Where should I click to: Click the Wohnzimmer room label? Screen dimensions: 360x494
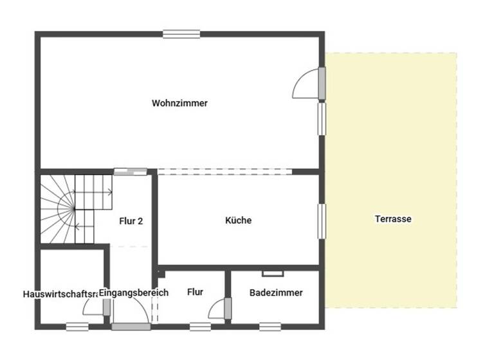click(179, 103)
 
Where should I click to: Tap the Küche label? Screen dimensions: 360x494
click(238, 221)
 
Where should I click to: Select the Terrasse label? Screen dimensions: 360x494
click(393, 219)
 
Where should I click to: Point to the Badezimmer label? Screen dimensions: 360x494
click(276, 292)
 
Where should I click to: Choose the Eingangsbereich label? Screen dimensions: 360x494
click(134, 292)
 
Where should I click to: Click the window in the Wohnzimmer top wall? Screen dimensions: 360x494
click(181, 35)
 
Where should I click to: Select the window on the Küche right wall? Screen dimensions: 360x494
click(321, 221)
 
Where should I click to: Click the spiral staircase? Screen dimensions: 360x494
click(68, 209)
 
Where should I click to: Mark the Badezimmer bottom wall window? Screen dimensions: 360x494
click(270, 327)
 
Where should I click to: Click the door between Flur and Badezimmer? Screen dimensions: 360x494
click(227, 309)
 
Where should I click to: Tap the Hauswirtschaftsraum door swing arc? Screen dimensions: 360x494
click(93, 308)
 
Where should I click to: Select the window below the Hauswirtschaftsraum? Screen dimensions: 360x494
click(77, 327)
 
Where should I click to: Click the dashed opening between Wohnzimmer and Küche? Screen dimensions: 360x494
click(225, 172)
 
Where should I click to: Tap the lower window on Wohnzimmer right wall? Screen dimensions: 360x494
click(321, 119)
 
